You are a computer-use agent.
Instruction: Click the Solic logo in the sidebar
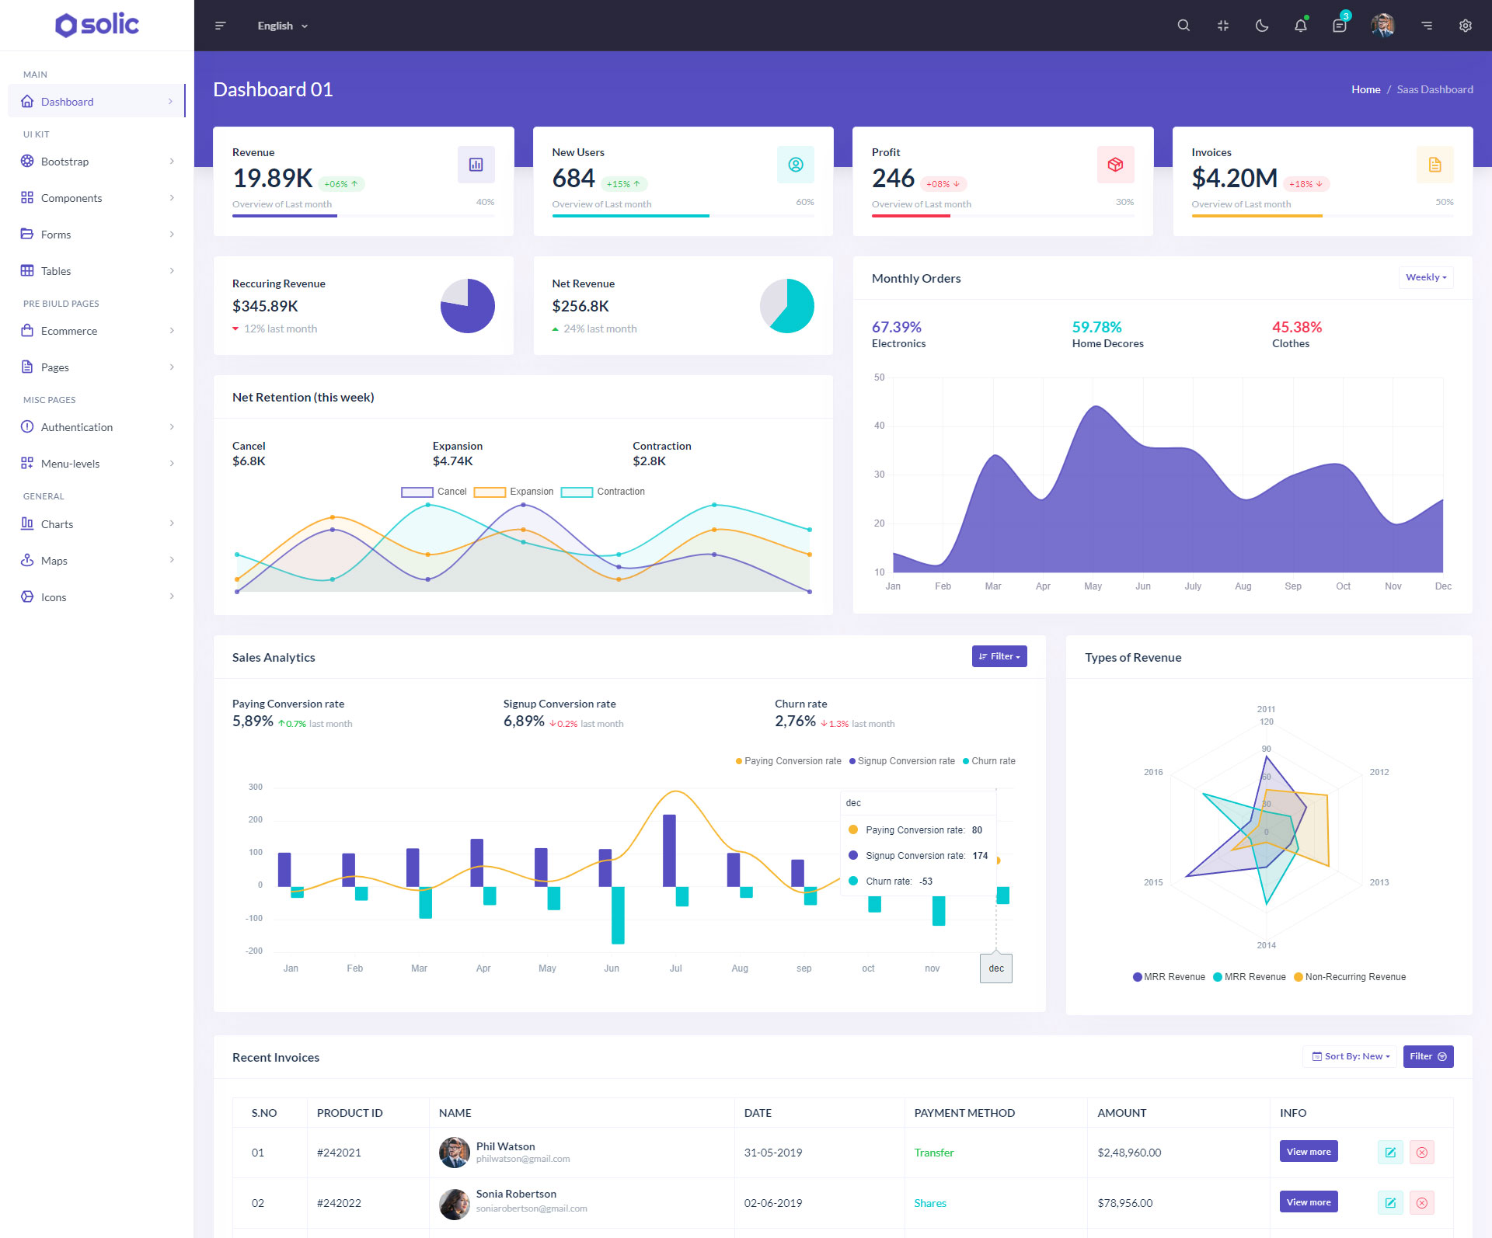(97, 25)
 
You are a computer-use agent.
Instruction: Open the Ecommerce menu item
(69, 331)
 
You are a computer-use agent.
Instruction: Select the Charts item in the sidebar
(57, 524)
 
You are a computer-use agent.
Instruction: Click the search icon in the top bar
(1183, 26)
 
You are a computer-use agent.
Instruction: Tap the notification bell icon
(1300, 26)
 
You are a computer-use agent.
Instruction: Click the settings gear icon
(1465, 26)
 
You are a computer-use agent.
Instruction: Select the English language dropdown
(282, 26)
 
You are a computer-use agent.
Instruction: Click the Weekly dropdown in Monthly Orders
(1425, 277)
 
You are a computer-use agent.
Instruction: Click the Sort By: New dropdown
(1350, 1056)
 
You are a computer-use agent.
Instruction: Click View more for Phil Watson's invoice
(1308, 1152)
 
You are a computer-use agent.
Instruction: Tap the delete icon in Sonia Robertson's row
(1421, 1203)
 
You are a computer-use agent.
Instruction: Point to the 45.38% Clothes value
(1296, 327)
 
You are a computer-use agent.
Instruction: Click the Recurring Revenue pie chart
(467, 306)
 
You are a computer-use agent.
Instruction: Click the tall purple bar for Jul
(669, 850)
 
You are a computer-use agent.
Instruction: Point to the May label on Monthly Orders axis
(1093, 586)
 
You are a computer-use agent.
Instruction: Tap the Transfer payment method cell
(933, 1153)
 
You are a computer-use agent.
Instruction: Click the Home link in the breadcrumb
(1365, 89)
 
